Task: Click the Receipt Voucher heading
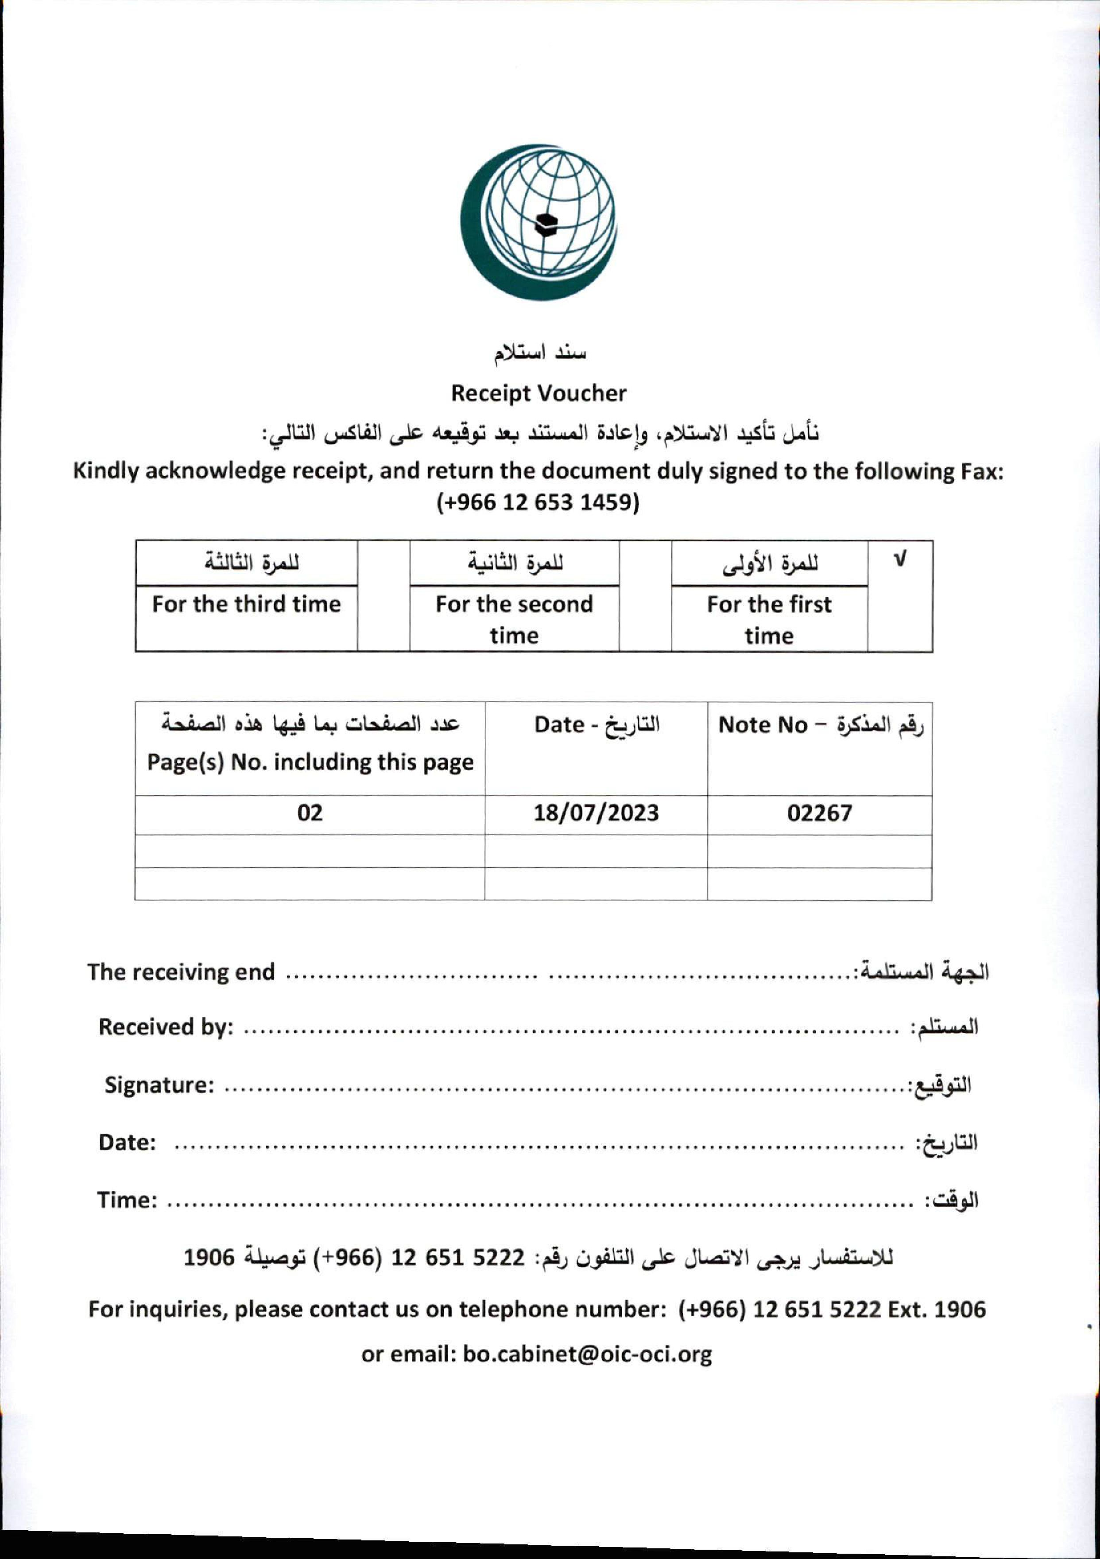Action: [539, 393]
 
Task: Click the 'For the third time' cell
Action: [246, 604]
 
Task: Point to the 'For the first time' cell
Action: [769, 618]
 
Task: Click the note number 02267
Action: [819, 813]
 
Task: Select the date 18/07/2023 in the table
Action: [596, 813]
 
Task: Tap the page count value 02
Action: [310, 813]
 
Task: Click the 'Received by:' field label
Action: [166, 1026]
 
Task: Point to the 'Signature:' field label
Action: [159, 1085]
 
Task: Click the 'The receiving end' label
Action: [181, 972]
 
